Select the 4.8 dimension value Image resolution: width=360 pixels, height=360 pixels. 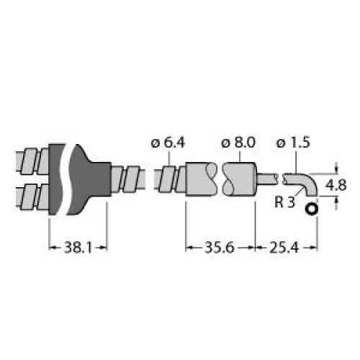pos(337,185)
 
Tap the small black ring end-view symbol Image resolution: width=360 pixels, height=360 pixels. pos(311,210)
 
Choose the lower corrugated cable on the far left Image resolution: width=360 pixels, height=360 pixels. pos(32,194)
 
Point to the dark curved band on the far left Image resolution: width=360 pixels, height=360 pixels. pos(58,176)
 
